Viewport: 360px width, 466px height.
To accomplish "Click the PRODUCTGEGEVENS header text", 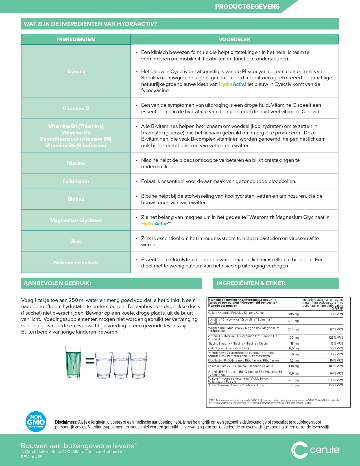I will point(247,6).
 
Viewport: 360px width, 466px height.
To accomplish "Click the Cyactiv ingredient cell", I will point(76,71).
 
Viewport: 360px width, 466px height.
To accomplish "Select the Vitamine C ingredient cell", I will point(76,108).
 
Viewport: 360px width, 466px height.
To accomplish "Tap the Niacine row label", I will point(76,163).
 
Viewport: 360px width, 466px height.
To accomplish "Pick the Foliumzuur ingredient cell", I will point(76,181).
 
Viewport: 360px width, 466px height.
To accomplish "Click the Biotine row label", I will point(76,199).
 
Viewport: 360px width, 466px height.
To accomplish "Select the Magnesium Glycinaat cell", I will point(76,220).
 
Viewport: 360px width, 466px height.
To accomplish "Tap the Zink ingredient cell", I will point(76,241).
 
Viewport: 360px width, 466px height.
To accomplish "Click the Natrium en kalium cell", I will point(76,263).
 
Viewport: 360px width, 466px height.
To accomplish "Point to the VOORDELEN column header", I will point(234,40).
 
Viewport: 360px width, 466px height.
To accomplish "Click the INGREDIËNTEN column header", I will point(76,40).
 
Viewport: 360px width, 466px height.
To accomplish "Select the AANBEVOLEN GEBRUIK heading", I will point(57,283).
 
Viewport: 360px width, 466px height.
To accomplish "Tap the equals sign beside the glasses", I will point(90,361).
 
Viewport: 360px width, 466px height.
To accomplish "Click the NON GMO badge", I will point(36,421).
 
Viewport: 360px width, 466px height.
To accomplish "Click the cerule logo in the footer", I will point(315,450).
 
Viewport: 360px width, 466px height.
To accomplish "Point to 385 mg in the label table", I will point(293,314).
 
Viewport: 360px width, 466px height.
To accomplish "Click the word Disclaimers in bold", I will point(66,422).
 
